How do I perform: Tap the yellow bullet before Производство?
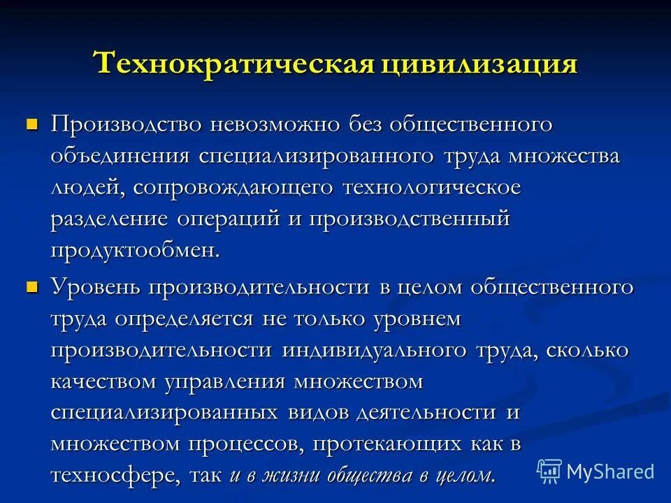[31, 124]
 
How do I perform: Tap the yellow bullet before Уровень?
[31, 286]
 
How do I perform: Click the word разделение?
[109, 219]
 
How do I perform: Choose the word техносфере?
[115, 476]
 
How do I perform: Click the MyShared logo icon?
[549, 471]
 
